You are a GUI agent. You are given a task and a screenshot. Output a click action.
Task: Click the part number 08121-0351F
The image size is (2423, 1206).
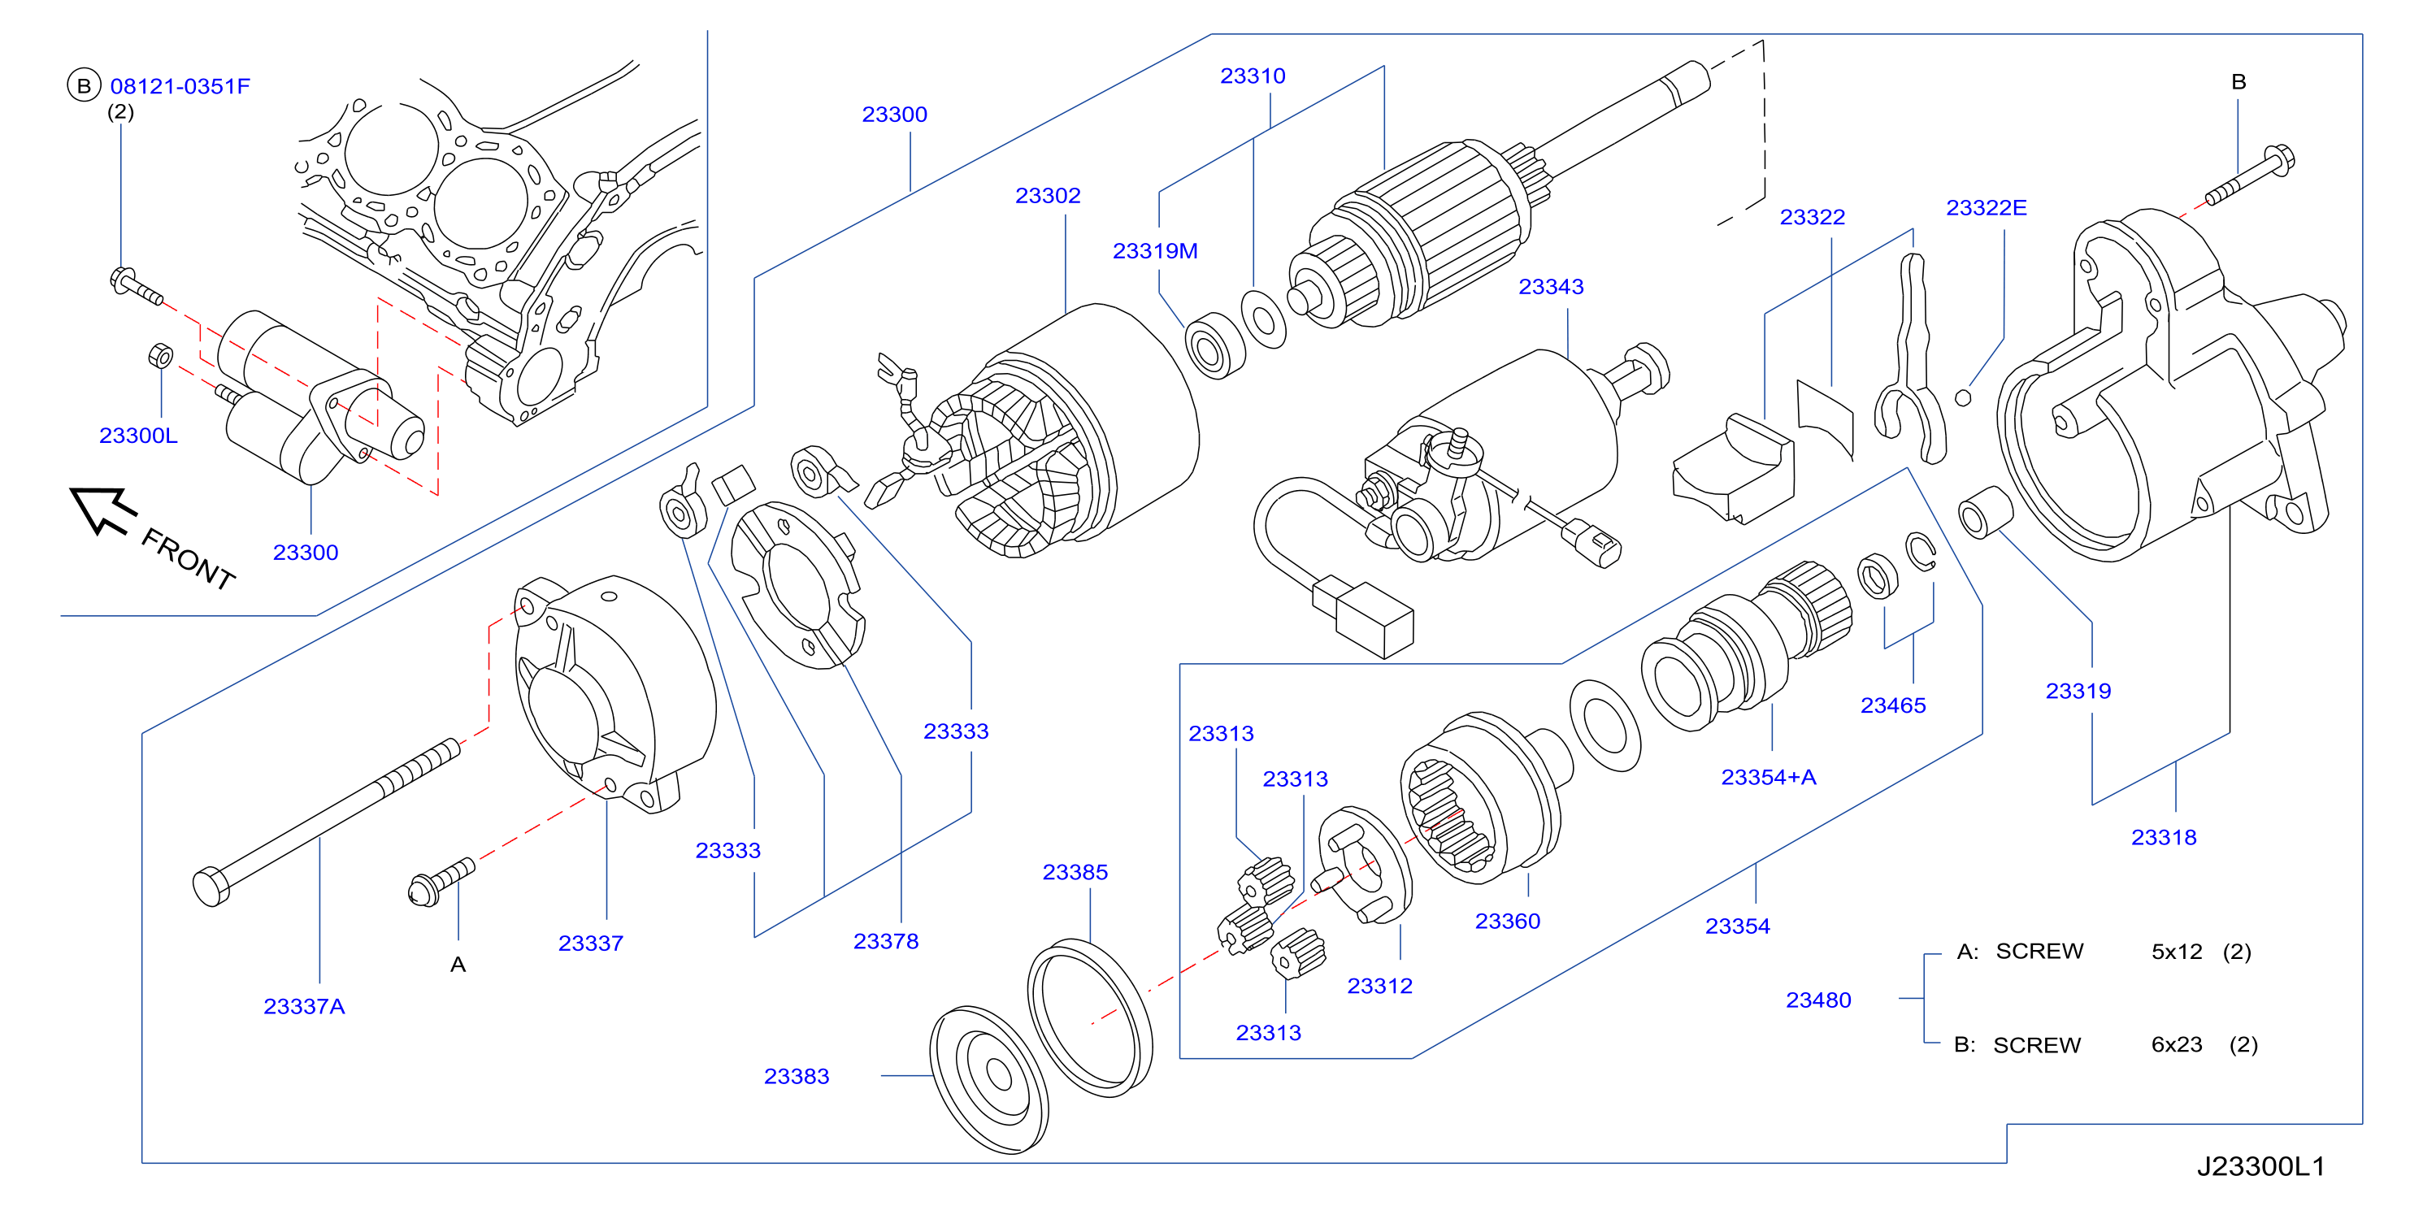180,86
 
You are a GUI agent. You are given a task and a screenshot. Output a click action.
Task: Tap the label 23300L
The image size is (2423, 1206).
138,436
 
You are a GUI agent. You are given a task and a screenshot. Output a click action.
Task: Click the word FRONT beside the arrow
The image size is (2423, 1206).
188,559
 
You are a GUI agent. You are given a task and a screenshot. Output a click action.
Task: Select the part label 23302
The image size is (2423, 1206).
1048,196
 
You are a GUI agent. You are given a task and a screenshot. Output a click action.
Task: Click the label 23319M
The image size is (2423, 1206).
1155,251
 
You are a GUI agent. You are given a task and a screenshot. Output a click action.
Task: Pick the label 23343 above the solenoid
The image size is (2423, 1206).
1551,287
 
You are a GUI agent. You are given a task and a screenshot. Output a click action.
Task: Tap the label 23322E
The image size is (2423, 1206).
1986,208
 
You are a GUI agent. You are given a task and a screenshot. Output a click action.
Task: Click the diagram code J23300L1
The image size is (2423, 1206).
2260,1166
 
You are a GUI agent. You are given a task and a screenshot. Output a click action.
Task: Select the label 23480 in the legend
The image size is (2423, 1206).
1818,1000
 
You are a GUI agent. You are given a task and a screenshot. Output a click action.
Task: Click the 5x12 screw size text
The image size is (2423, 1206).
2177,952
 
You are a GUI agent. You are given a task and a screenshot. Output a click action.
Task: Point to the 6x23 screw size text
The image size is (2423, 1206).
2177,1045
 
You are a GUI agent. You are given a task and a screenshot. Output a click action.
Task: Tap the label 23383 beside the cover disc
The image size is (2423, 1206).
797,1076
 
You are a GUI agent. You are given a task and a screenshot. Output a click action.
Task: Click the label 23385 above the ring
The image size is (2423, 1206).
1075,872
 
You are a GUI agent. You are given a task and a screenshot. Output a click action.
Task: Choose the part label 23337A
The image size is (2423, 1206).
304,1007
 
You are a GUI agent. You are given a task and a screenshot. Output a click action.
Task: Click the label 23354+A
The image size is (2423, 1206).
1769,777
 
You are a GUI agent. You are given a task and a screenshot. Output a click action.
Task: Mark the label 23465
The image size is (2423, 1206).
1892,705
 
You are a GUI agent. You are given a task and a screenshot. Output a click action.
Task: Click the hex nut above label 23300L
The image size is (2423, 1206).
160,357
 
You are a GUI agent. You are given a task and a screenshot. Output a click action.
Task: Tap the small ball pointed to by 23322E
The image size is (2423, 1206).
1963,398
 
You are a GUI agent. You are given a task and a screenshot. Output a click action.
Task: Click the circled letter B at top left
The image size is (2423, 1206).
84,85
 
